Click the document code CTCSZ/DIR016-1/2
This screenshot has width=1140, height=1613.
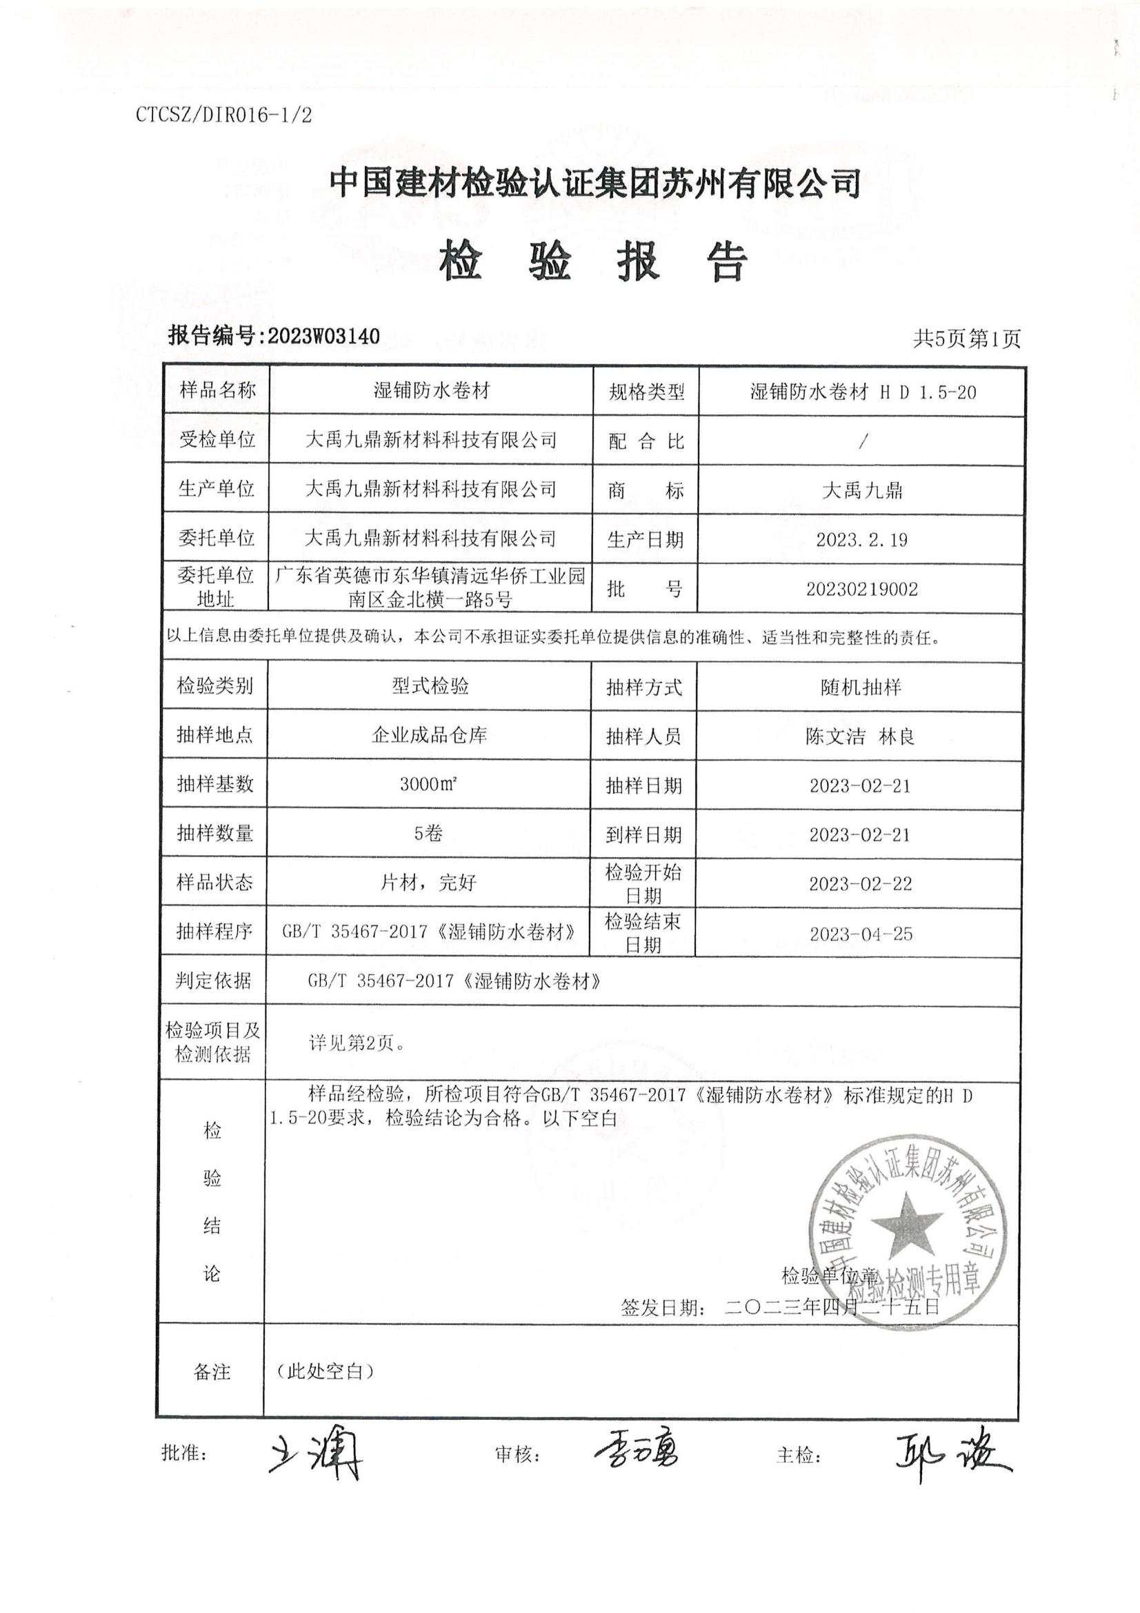pos(223,115)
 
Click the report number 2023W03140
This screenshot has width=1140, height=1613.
pos(323,336)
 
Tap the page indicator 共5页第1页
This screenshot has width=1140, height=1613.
pos(966,339)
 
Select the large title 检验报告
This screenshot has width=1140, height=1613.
pos(594,262)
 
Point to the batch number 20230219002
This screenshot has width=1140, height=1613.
pos(862,589)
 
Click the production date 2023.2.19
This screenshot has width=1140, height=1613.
pos(862,539)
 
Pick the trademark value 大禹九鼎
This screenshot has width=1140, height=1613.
pos(862,490)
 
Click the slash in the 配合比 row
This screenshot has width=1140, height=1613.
pos(863,441)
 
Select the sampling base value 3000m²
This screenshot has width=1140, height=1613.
pos(428,784)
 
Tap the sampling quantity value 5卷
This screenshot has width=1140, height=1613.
pos(428,833)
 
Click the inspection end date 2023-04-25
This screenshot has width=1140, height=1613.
pos(861,934)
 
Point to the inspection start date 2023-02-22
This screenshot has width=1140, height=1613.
pos(861,884)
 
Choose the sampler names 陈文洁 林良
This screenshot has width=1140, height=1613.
pos(861,737)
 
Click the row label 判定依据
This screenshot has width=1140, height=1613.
pos(214,981)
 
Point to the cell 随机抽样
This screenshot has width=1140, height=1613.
pos(861,687)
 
